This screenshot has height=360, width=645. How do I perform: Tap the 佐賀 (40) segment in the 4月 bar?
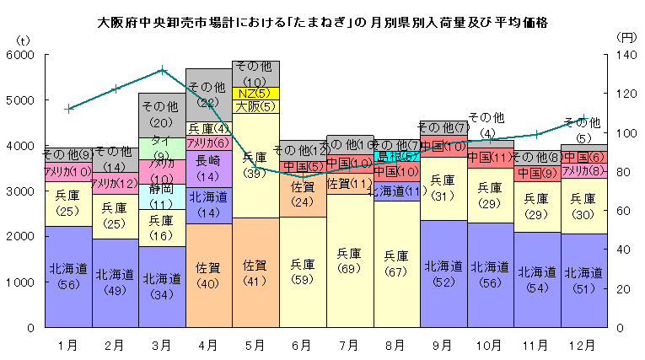click(x=208, y=275)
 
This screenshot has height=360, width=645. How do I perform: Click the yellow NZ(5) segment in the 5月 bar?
click(x=255, y=93)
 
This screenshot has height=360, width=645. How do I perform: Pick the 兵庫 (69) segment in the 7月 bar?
click(x=348, y=261)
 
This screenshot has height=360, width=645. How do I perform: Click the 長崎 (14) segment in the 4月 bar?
click(x=208, y=167)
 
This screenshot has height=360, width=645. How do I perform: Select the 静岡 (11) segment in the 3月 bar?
click(x=162, y=196)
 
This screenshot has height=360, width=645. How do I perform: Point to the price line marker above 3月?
click(x=162, y=70)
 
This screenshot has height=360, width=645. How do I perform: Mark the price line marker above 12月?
click(x=583, y=119)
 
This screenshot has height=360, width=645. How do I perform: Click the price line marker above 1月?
click(x=69, y=108)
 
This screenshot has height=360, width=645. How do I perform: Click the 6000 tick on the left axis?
click(x=22, y=55)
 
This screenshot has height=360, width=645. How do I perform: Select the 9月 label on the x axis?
click(x=443, y=344)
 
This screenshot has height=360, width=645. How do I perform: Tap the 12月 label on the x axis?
click(x=583, y=344)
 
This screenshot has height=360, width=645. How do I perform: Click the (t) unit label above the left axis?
click(x=23, y=40)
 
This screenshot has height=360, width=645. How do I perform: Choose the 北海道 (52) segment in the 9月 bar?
click(x=442, y=273)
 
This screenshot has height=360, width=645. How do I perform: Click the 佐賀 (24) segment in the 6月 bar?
click(x=302, y=195)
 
